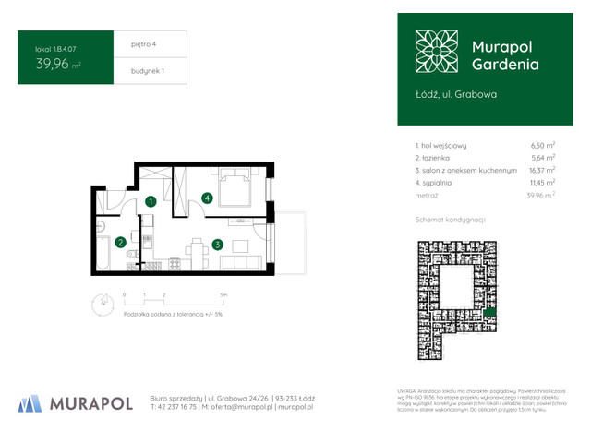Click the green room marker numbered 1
(151, 201)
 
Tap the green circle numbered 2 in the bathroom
(120, 243)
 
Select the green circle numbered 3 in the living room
(216, 245)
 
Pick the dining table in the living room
(195, 247)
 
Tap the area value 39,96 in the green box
(54, 65)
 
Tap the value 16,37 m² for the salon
(541, 171)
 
